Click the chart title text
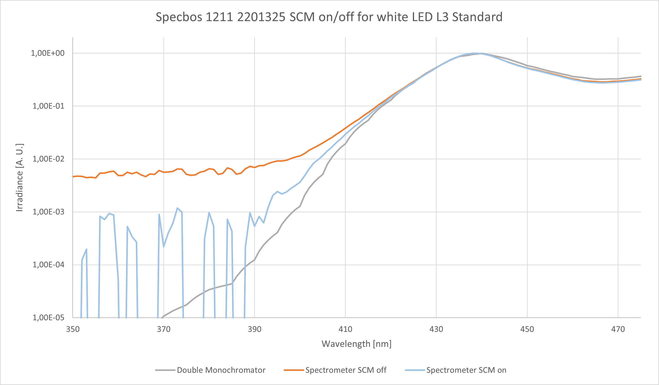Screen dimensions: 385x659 click(x=329, y=17)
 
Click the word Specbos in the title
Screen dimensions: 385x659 click(x=179, y=17)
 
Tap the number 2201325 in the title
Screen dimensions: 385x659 click(x=261, y=17)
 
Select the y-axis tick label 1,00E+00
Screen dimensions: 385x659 click(x=48, y=53)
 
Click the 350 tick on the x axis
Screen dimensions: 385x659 click(x=73, y=329)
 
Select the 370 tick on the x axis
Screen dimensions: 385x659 click(x=164, y=329)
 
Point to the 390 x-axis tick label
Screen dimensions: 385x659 click(x=255, y=329)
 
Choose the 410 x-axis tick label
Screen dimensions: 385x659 click(x=345, y=329)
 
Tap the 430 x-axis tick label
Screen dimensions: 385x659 click(x=436, y=329)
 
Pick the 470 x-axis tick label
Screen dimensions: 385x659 click(x=618, y=329)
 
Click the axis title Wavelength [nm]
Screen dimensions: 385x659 click(x=356, y=344)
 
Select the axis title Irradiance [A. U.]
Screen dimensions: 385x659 click(x=20, y=178)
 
